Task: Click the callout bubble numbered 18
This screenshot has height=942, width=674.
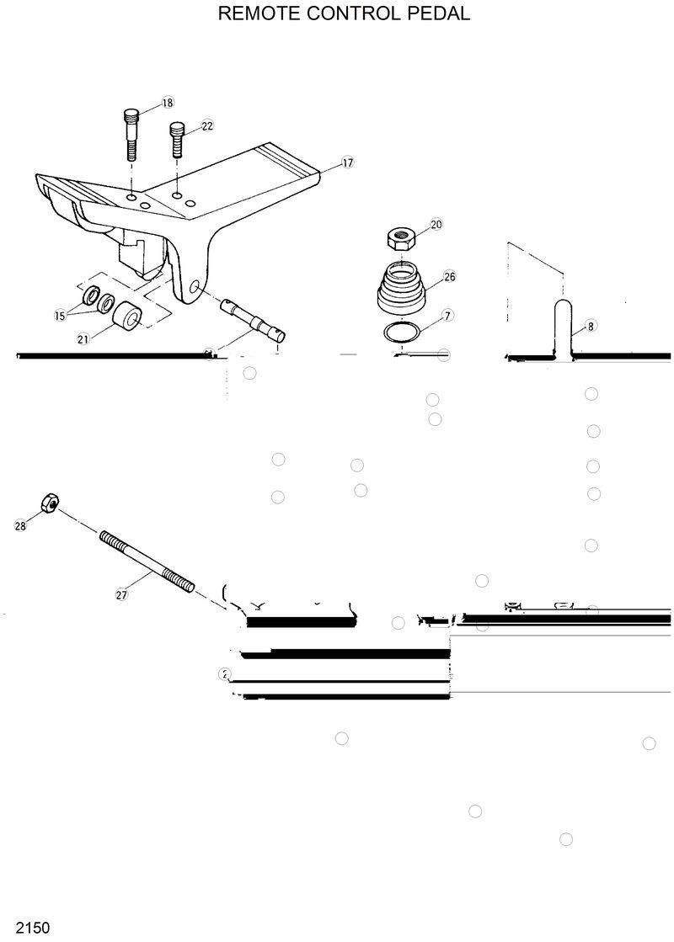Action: [x=167, y=103]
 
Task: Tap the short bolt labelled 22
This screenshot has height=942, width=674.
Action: [x=178, y=140]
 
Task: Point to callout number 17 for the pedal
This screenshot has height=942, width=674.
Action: [x=347, y=162]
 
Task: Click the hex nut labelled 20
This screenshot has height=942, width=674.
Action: [x=400, y=238]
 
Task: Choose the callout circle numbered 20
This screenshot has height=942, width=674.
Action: [x=436, y=225]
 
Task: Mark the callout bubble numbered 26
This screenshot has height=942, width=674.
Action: [x=449, y=276]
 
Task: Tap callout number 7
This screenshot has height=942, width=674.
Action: [x=447, y=315]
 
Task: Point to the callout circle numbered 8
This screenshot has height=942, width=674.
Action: [x=591, y=326]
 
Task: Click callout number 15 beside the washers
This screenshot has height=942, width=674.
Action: [x=60, y=316]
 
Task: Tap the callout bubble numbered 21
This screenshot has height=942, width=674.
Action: [x=83, y=339]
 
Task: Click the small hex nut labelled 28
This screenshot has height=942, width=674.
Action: [x=47, y=504]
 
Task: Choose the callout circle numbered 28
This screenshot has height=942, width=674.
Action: [x=20, y=525]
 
